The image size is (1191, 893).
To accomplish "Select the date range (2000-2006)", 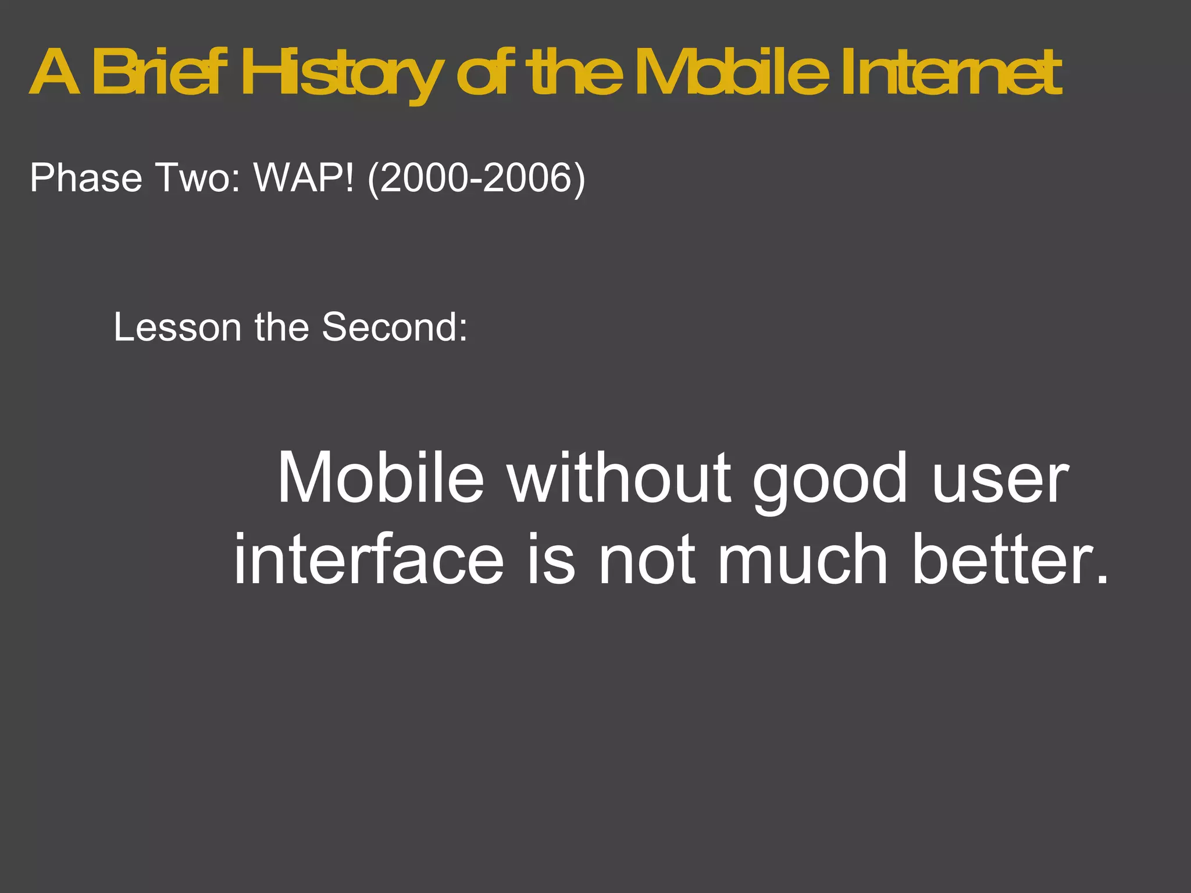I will (x=476, y=178).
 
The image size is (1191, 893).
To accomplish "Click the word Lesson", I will (x=177, y=327).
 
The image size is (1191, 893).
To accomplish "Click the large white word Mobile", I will (x=380, y=478).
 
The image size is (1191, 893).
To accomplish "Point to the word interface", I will (x=369, y=559).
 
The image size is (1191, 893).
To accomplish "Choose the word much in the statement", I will (x=803, y=559).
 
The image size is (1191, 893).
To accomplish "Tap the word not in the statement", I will (x=647, y=560).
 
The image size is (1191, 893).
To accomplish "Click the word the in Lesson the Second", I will (x=281, y=327).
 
